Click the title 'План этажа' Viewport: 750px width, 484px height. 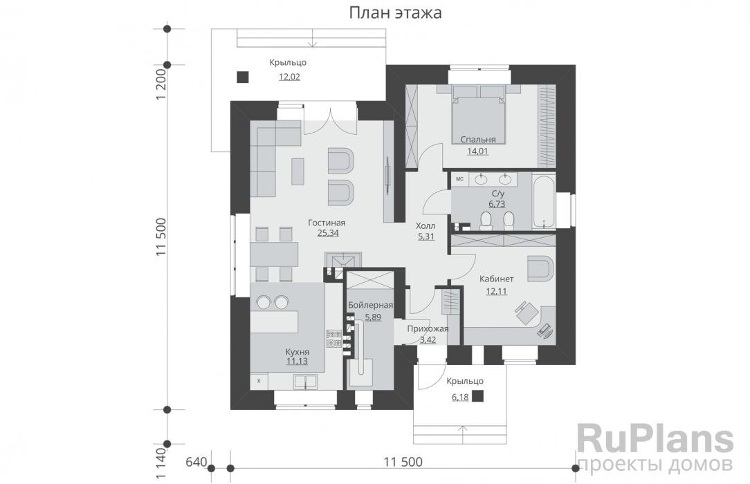(x=396, y=13)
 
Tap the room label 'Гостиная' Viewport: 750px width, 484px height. (x=327, y=223)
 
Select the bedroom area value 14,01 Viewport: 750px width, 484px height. (x=477, y=152)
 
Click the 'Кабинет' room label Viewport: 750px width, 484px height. (x=497, y=279)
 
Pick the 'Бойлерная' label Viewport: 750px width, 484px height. (x=370, y=305)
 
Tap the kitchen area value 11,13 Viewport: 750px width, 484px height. (x=297, y=361)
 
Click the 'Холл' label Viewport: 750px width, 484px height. (x=426, y=225)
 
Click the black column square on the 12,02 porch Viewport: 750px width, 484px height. (x=242, y=77)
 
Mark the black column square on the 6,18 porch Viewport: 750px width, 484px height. (x=478, y=396)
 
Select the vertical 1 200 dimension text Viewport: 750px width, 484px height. (x=161, y=86)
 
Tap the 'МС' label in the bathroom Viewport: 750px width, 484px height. (x=459, y=179)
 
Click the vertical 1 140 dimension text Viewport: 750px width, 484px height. (x=161, y=463)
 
